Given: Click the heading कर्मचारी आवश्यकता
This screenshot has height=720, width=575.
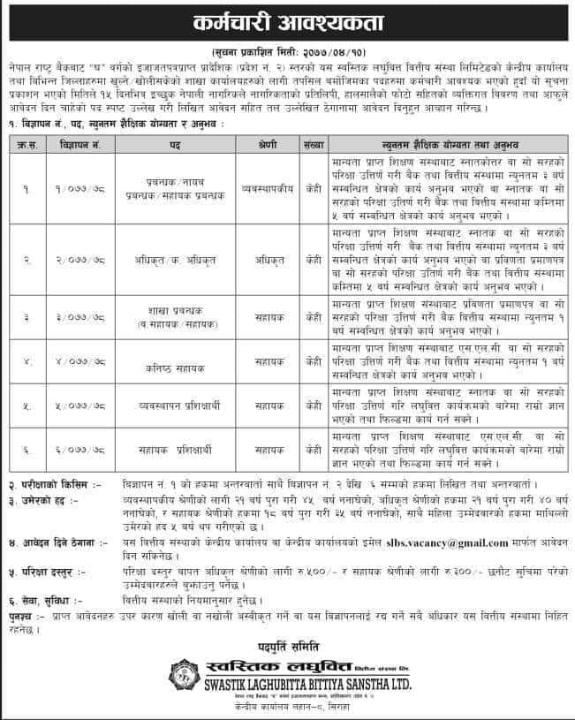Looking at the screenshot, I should (x=288, y=19).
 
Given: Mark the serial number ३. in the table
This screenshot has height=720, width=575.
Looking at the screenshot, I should (x=26, y=316).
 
